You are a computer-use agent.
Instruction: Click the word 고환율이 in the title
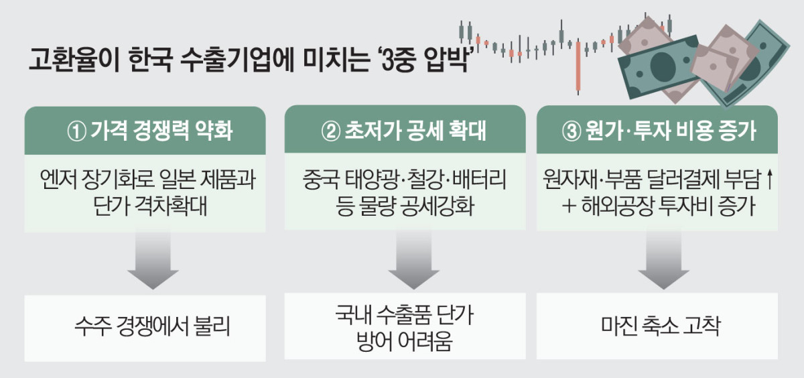[x=74, y=59]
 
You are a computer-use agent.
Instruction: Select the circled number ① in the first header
[x=77, y=131]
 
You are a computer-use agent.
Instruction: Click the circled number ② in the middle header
[x=330, y=131]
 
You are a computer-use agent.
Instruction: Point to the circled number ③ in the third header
[x=572, y=131]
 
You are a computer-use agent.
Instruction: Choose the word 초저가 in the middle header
[x=373, y=130]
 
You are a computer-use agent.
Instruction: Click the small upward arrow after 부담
[x=769, y=180]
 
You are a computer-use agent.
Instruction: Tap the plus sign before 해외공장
[x=569, y=206]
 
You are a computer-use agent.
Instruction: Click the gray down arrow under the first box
[x=153, y=261]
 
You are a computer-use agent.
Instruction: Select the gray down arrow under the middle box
[x=414, y=260]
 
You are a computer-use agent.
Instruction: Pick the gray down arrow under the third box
[x=664, y=260]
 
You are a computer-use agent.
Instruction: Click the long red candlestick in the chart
[x=578, y=66]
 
